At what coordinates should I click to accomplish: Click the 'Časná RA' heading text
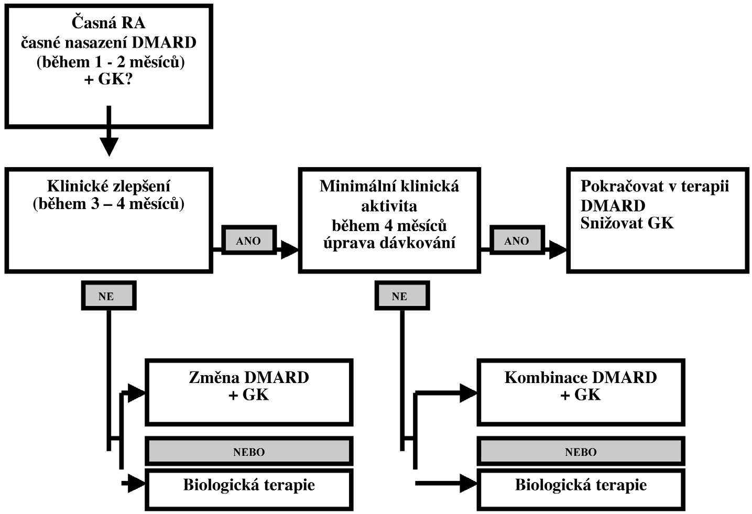tap(108, 23)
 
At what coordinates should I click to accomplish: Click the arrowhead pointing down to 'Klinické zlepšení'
tap(109, 147)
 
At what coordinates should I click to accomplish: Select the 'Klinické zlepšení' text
tap(108, 186)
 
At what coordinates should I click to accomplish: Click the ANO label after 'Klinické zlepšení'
tap(248, 241)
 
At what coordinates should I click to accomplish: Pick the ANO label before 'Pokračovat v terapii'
tap(517, 241)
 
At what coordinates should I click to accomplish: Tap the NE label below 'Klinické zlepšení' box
tap(108, 296)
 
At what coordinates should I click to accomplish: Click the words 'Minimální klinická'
tap(389, 186)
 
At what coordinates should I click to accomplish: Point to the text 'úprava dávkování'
tap(389, 243)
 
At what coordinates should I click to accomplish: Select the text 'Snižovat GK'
tap(627, 223)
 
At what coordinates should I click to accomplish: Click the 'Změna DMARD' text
tap(249, 377)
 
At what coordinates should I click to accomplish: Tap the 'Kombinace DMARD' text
tap(581, 377)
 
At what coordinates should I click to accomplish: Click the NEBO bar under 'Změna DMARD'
tap(249, 452)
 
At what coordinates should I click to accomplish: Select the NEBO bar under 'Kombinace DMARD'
tap(581, 452)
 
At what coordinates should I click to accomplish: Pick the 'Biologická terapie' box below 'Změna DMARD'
tap(249, 488)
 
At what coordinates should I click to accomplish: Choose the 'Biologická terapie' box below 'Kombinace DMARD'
tap(581, 488)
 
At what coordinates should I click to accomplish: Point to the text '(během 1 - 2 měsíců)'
tap(111, 62)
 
